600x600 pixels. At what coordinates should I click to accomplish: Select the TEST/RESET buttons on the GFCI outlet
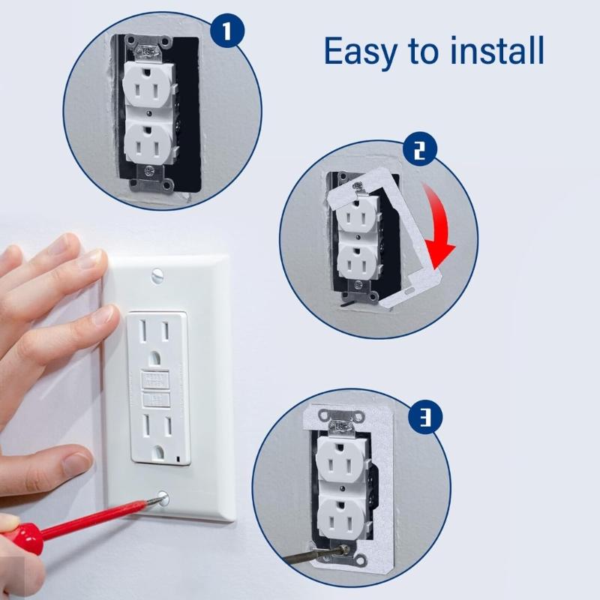click(154, 386)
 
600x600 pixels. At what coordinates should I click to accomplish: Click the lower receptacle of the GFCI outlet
click(154, 433)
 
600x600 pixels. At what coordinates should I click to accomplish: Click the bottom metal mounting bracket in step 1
click(150, 181)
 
